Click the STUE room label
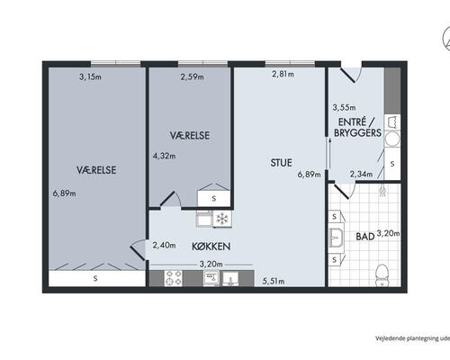pyautogui.click(x=281, y=163)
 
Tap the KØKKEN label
pyautogui.click(x=211, y=247)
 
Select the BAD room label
pyautogui.click(x=365, y=237)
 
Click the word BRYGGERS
pyautogui.click(x=357, y=133)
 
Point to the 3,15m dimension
pyautogui.click(x=90, y=76)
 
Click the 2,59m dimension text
pyautogui.click(x=192, y=76)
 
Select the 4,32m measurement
pyautogui.click(x=164, y=156)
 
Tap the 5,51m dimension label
pyautogui.click(x=274, y=281)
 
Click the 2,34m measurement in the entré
pyautogui.click(x=361, y=174)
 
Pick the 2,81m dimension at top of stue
pyautogui.click(x=283, y=74)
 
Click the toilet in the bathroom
pyautogui.click(x=382, y=274)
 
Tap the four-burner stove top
pyautogui.click(x=174, y=278)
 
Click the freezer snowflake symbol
pyautogui.click(x=222, y=219)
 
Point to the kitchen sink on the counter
pyautogui.click(x=230, y=278)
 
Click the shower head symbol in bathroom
pyautogui.click(x=382, y=191)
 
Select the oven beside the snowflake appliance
pyautogui.click(x=204, y=219)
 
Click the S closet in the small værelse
pyautogui.click(x=213, y=198)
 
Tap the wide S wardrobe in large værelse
pyautogui.click(x=96, y=278)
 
